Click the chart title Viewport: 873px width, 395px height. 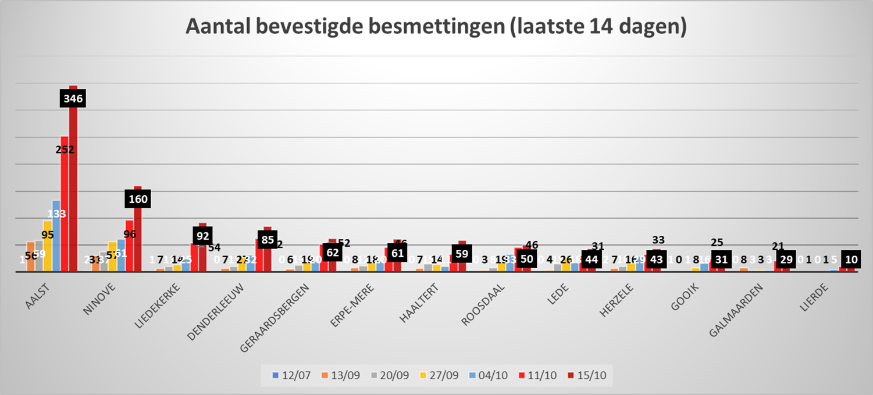(436, 27)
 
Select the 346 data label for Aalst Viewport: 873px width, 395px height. (73, 99)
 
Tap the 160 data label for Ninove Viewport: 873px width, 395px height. (138, 199)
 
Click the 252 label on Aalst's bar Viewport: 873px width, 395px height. (65, 149)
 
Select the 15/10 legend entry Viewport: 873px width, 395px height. (587, 375)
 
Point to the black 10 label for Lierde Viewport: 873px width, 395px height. (850, 260)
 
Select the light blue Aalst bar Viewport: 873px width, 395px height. (56, 238)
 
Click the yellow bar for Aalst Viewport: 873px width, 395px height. (48, 247)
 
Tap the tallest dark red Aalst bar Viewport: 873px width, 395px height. (73, 186)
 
